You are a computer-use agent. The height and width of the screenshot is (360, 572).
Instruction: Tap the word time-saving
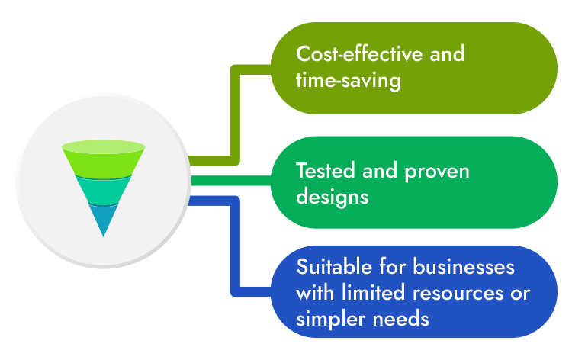349,80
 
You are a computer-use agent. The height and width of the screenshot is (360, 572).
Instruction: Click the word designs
333,197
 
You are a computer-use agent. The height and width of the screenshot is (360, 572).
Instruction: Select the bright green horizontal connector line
229,181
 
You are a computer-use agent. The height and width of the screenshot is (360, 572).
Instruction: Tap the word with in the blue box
315,292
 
